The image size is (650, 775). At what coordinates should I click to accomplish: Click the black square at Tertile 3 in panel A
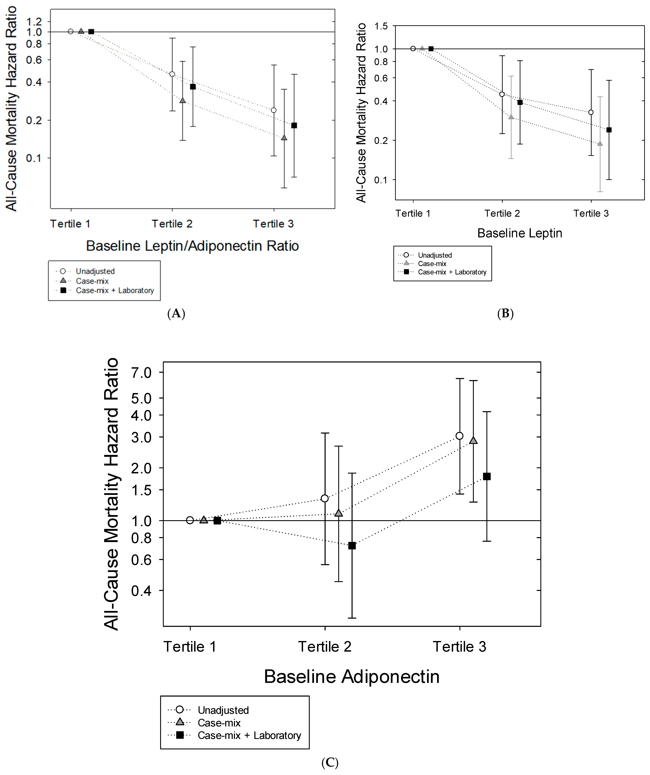pyautogui.click(x=294, y=125)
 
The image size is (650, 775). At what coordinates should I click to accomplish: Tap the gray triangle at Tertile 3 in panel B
pyautogui.click(x=600, y=144)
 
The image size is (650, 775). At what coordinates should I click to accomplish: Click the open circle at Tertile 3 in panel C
pyautogui.click(x=459, y=436)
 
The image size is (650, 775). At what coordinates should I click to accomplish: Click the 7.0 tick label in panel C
pyautogui.click(x=141, y=373)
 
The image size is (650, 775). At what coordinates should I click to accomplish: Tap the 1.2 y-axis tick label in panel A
pyautogui.click(x=34, y=21)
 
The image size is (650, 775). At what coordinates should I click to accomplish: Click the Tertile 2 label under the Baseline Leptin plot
pyautogui.click(x=502, y=213)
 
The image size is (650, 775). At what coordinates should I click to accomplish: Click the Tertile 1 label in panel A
pyautogui.click(x=70, y=224)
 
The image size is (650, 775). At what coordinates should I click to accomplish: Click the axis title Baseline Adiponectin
pyautogui.click(x=352, y=676)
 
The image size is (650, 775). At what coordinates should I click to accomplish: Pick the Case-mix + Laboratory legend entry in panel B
pyautogui.click(x=452, y=272)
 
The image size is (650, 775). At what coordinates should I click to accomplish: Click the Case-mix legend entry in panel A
pyautogui.click(x=92, y=281)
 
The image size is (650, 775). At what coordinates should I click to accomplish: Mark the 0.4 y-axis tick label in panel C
pyautogui.click(x=141, y=591)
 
